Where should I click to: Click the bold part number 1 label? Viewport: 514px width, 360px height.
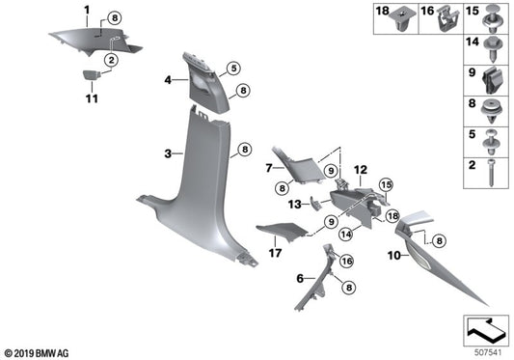(87, 11)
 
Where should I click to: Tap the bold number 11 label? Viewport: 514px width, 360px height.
(92, 98)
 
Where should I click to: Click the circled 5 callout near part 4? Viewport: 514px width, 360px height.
(233, 69)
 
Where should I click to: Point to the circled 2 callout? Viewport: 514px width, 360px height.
(112, 60)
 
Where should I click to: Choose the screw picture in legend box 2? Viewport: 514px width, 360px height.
(491, 173)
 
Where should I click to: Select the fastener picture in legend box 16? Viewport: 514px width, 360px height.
(448, 18)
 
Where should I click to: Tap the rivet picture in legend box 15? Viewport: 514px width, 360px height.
(493, 18)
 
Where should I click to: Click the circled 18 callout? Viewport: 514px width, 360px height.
(392, 216)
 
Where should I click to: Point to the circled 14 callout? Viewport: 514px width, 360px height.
(346, 235)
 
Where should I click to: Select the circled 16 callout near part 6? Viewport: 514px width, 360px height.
(347, 262)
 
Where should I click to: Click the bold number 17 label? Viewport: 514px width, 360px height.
(276, 253)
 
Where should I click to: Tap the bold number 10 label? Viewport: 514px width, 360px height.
(394, 256)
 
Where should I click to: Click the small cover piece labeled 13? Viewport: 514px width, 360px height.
(315, 203)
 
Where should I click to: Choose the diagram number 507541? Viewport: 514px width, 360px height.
(488, 353)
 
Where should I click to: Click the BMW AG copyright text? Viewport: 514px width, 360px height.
(37, 353)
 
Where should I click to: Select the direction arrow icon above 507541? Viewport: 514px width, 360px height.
(486, 330)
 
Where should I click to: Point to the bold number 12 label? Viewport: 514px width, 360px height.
(361, 170)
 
